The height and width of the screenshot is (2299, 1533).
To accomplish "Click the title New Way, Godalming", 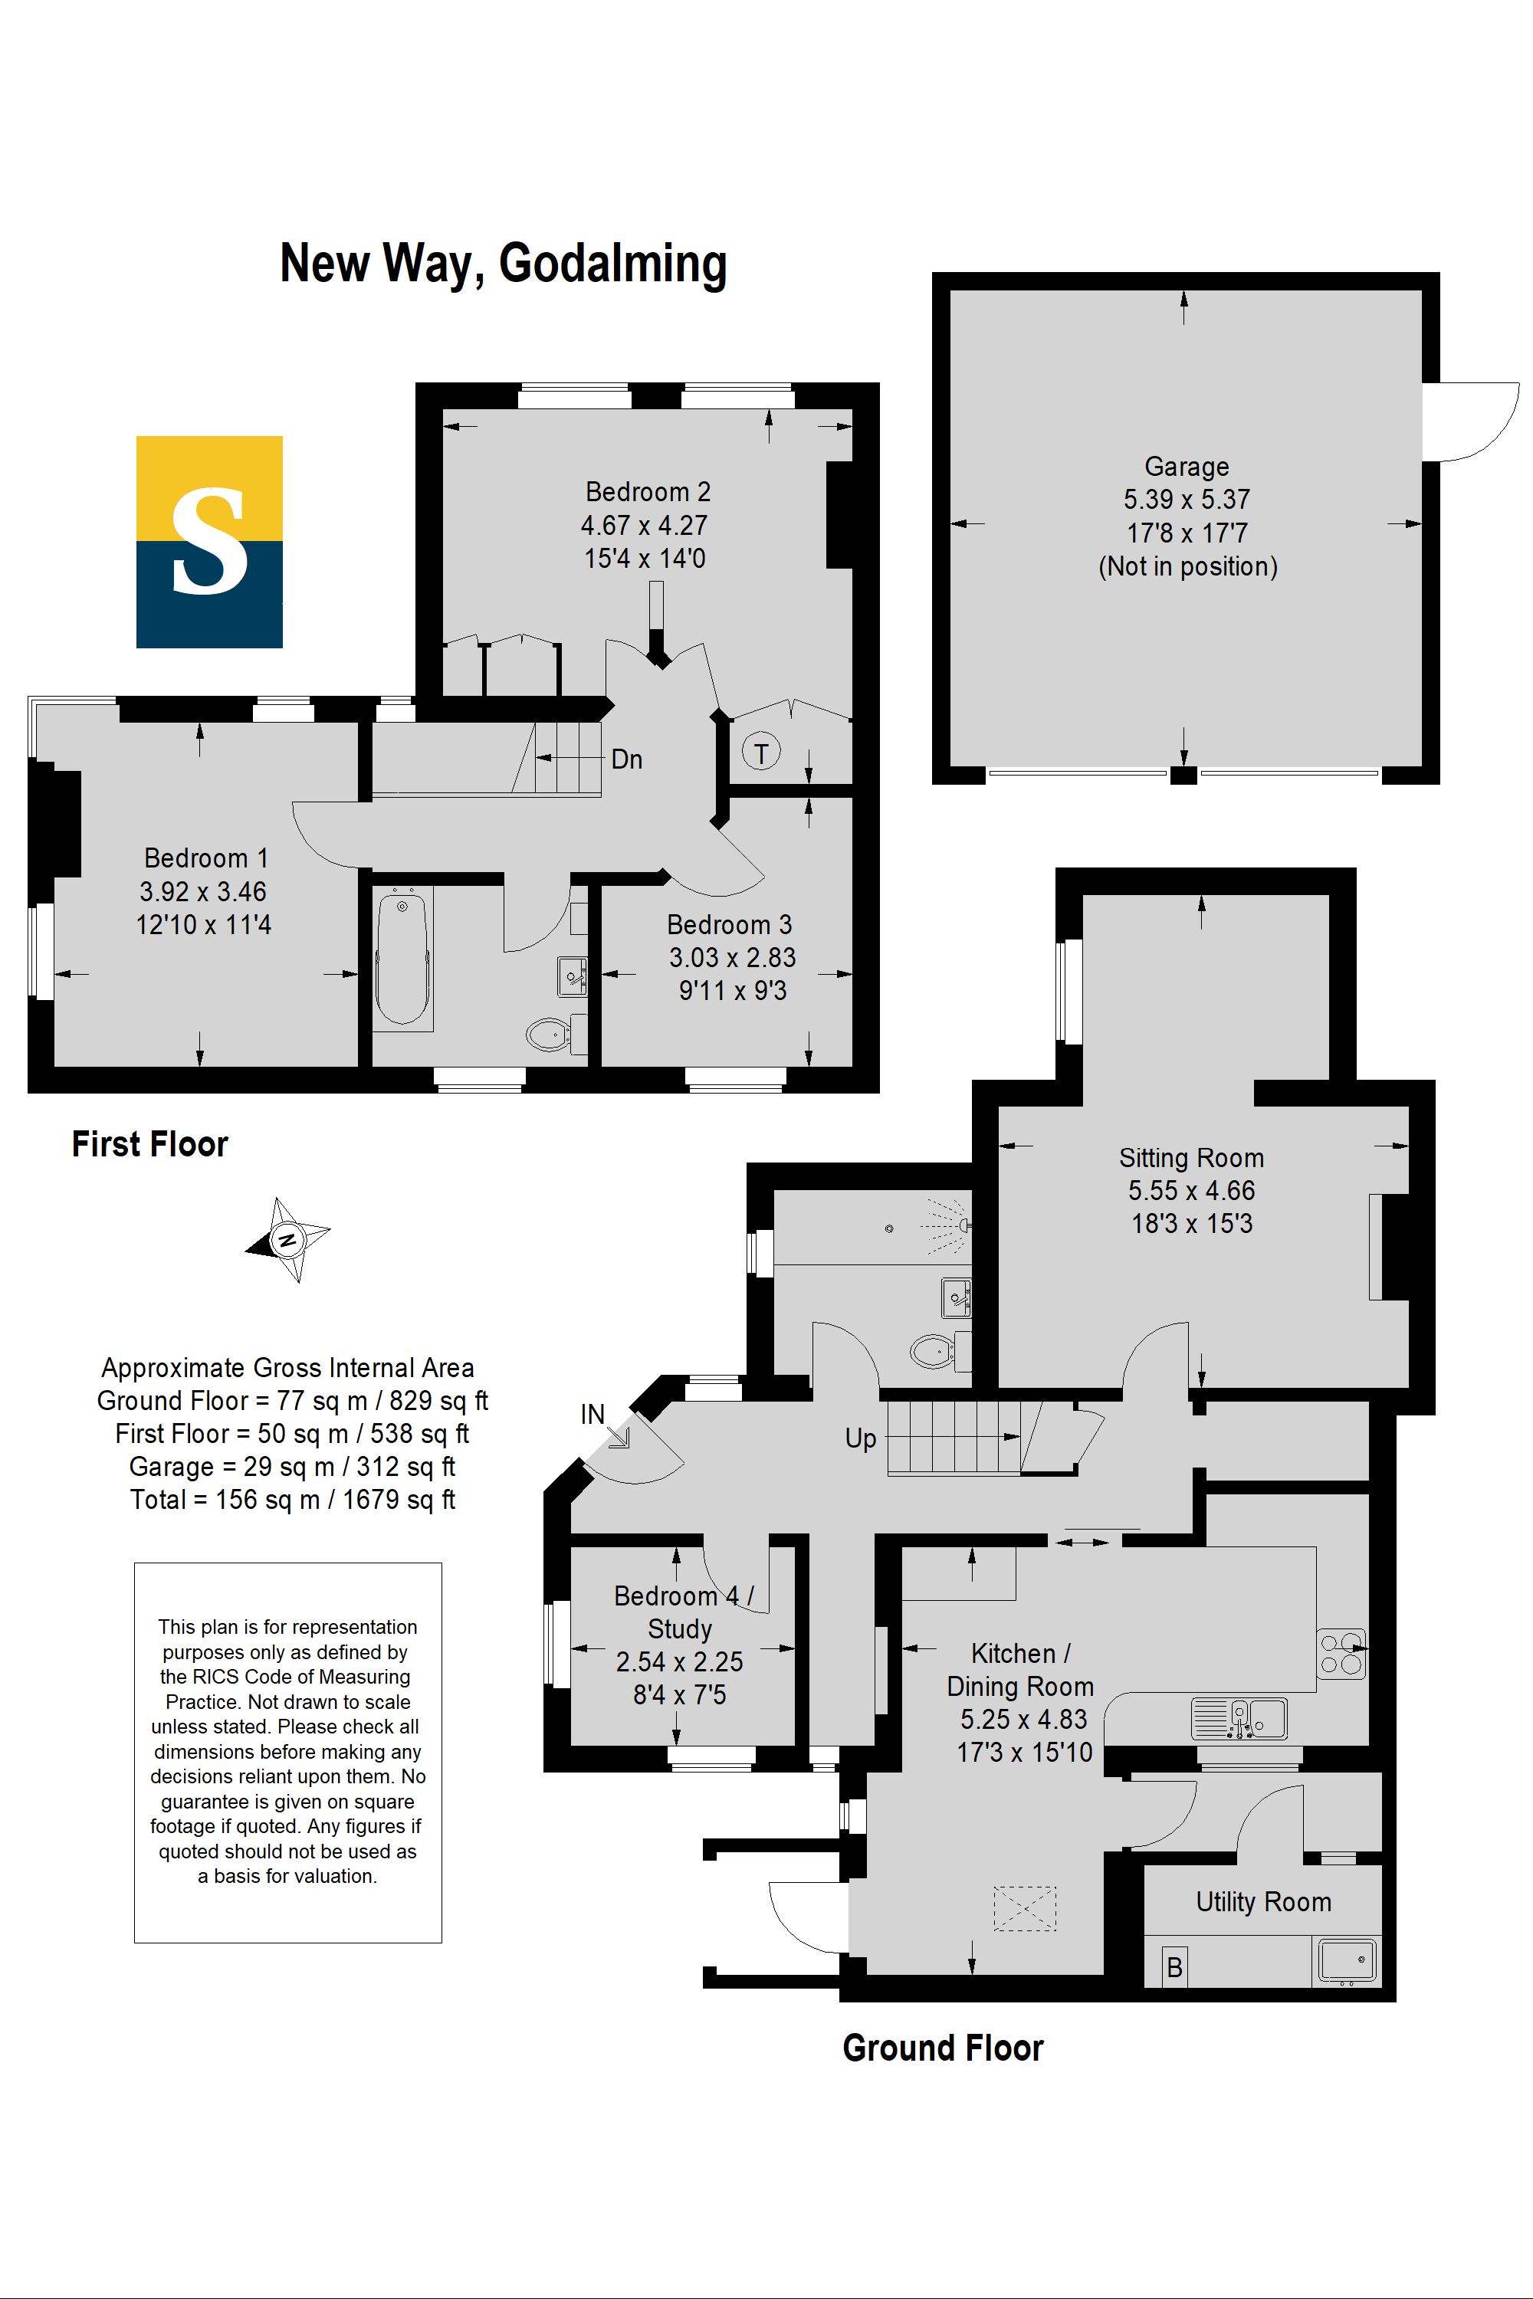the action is [504, 264].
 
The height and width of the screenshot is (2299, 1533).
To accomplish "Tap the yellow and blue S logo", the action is [209, 542].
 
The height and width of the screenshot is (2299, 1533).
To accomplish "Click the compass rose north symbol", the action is [287, 1239].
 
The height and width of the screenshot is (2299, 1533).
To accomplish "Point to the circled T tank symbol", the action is [760, 752].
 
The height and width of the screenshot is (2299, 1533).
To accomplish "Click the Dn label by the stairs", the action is [627, 759].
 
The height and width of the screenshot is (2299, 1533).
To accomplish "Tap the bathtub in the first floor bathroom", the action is [402, 958].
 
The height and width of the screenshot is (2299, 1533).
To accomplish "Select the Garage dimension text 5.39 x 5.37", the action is [1187, 500].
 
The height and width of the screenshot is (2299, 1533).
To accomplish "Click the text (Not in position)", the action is [1188, 566].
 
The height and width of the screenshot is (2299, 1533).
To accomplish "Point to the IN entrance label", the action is [593, 1415].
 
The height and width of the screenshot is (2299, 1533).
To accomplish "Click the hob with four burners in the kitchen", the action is [1341, 1654].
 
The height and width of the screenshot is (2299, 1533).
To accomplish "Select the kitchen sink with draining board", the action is [1239, 1718].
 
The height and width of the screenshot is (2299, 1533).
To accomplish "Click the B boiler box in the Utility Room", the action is [1175, 1966].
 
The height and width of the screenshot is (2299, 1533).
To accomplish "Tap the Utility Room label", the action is [1263, 1901].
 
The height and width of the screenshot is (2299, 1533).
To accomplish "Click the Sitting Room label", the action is [1192, 1157].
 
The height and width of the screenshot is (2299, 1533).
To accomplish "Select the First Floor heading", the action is [149, 1143].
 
